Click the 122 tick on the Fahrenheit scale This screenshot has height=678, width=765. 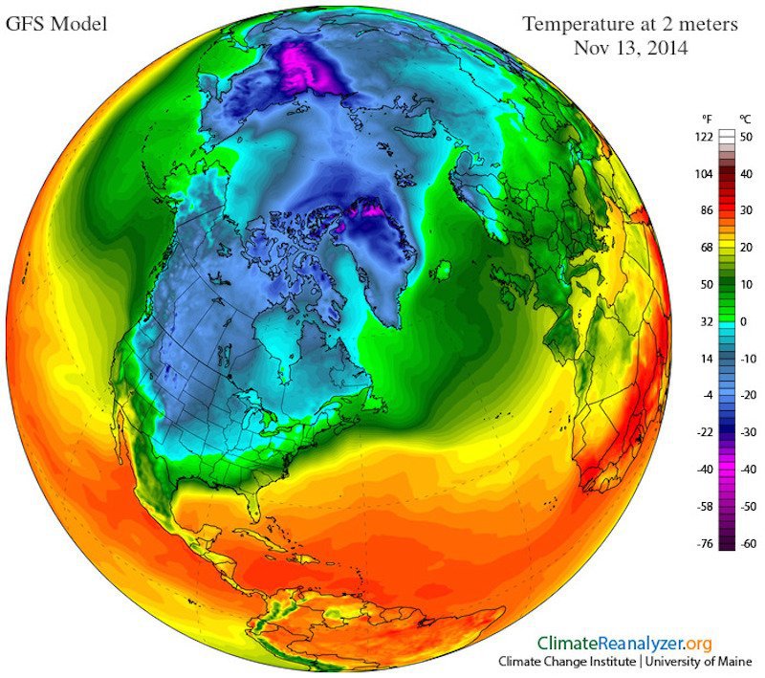click(x=706, y=138)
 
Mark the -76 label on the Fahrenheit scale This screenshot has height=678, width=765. click(x=706, y=543)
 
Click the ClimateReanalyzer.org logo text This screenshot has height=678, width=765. click(x=624, y=644)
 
